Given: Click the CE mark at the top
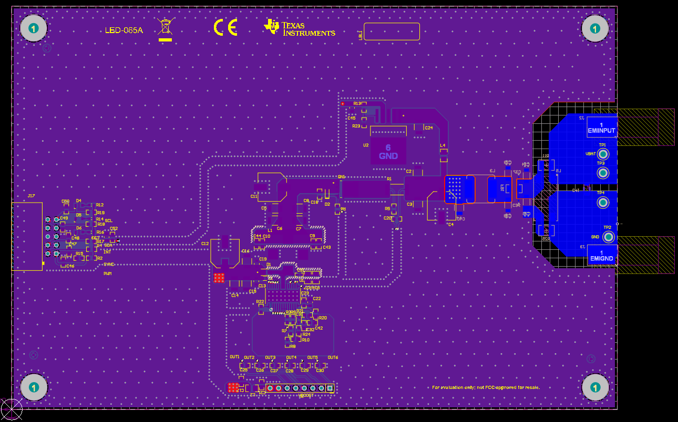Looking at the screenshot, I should pyautogui.click(x=225, y=27).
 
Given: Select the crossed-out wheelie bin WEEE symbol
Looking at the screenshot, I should pyautogui.click(x=166, y=28).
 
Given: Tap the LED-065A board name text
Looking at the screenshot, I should pyautogui.click(x=124, y=30).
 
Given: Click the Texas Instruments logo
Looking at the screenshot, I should pyautogui.click(x=300, y=28).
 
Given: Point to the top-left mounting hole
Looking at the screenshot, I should pyautogui.click(x=34, y=29).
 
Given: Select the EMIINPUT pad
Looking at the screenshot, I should pyautogui.click(x=601, y=128).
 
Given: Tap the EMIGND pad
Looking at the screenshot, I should pyautogui.click(x=601, y=256).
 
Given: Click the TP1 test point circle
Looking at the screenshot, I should pyautogui.click(x=603, y=154).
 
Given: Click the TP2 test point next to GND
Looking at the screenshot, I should pyautogui.click(x=609, y=237).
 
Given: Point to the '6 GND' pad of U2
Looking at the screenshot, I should pyautogui.click(x=388, y=152).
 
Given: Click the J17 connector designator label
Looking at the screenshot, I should pyautogui.click(x=31, y=196).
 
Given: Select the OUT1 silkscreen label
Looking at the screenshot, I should pyautogui.click(x=234, y=357).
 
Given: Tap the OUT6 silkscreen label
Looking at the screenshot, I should pyautogui.click(x=333, y=357).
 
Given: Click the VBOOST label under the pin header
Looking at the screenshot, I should pyautogui.click(x=306, y=395).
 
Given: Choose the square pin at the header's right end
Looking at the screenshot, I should pyautogui.click(x=330, y=388).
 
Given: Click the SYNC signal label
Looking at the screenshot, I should pyautogui.click(x=108, y=265).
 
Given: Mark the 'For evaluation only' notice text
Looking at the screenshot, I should pyautogui.click(x=486, y=387).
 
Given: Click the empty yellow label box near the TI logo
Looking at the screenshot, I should pyautogui.click(x=392, y=31).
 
